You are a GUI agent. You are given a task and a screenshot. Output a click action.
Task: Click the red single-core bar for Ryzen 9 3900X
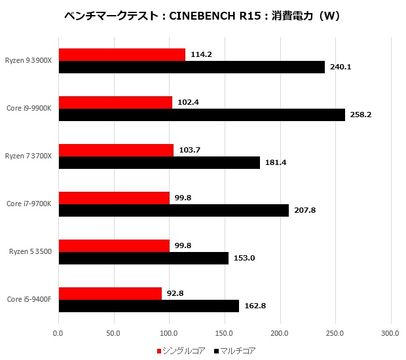click(122, 54)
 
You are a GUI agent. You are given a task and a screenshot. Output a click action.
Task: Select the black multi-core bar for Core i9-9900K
click(202, 115)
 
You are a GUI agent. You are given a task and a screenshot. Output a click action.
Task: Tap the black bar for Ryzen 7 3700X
click(159, 162)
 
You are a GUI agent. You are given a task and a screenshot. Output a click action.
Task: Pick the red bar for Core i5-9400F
click(110, 293)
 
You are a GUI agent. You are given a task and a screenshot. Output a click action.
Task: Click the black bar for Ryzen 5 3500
click(143, 258)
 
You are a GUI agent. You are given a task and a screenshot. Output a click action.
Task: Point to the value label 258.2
click(360, 115)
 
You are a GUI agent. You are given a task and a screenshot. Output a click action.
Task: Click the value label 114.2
click(200, 54)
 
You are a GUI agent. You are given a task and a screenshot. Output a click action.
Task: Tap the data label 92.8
click(175, 293)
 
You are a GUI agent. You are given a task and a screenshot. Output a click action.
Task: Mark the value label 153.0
click(243, 258)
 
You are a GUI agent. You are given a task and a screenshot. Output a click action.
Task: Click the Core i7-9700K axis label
click(29, 204)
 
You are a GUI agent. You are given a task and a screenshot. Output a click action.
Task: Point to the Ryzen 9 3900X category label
click(28, 60)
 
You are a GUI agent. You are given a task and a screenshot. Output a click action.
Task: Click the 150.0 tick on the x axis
click(225, 333)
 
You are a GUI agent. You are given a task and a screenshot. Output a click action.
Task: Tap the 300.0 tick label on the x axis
click(390, 333)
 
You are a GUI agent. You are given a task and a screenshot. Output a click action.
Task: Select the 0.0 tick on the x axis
click(59, 333)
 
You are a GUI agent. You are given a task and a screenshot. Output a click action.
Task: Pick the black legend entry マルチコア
click(238, 351)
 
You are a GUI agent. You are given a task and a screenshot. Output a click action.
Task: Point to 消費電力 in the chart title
click(297, 15)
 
